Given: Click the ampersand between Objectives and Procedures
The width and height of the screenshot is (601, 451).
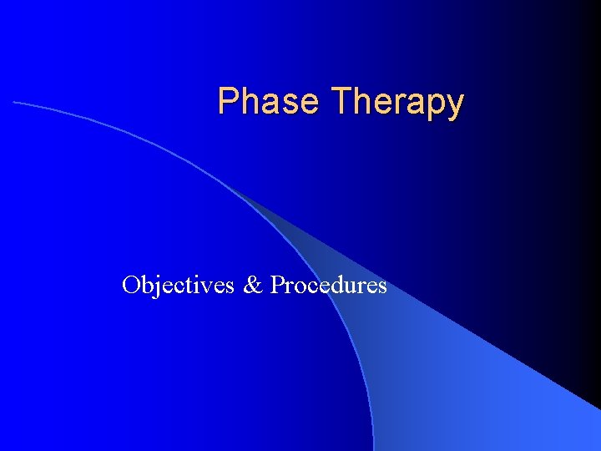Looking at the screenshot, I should tap(253, 286).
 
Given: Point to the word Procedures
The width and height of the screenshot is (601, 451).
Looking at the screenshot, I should tap(329, 286).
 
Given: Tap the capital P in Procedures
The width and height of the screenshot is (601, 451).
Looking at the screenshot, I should tap(277, 286).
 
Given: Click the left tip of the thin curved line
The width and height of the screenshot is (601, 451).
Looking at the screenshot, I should tap(14, 102).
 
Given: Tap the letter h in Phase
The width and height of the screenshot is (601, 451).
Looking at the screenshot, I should tap(248, 102).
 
